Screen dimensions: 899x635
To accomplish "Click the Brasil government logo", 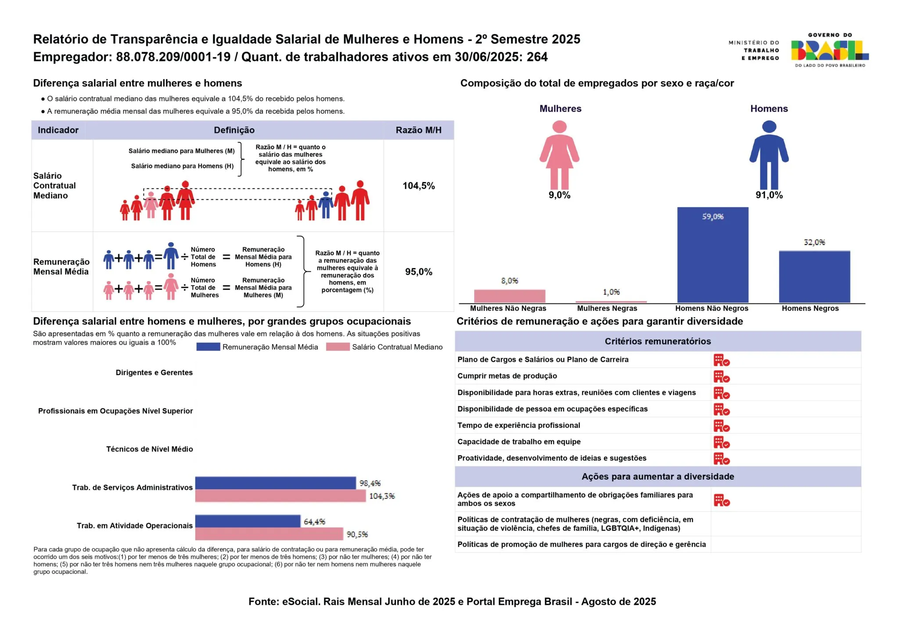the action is pos(830,50).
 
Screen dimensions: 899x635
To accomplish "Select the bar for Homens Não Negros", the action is pos(712,255).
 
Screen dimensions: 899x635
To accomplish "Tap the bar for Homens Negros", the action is pos(814,277).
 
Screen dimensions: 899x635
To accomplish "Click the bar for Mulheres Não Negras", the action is pos(510,296).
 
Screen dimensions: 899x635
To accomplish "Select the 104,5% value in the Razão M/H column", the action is pos(419,186).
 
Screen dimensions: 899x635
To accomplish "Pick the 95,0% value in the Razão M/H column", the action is pos(419,272).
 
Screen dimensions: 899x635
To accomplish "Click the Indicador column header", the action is pos(58,130).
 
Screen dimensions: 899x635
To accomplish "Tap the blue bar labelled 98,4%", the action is pos(276,483).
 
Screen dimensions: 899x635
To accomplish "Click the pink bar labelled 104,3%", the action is pos(280,496).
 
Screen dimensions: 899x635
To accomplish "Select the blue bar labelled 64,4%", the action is pos(248,521).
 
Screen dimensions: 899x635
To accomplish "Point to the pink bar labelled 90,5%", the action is pos(269,534).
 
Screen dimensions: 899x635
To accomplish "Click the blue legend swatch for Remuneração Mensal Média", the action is pos(208,347).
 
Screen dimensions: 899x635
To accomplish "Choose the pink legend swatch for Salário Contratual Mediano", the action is pos(338,347).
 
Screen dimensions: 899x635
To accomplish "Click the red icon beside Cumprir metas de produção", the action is pos(721,377).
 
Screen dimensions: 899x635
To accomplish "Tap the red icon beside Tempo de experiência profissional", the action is pos(721,426).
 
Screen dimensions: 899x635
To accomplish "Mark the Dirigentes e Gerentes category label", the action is pos(154,373).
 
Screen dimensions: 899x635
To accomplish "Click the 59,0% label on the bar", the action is pos(712,216).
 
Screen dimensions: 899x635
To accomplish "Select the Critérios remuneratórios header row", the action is pos(658,341).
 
